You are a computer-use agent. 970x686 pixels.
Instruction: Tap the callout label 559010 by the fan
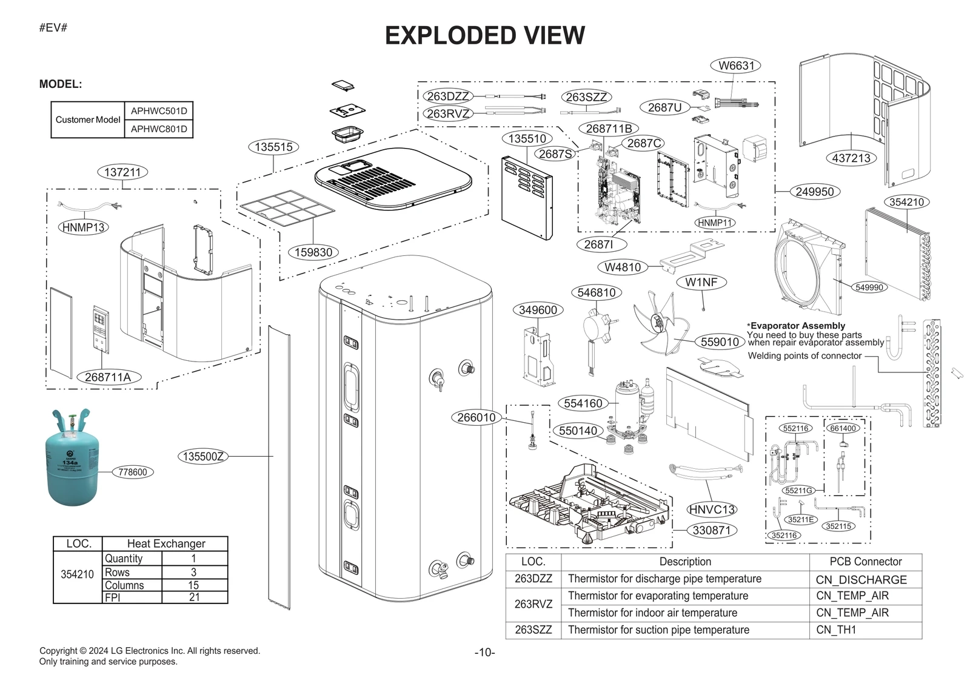click(719, 341)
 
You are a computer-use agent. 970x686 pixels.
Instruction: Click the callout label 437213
click(851, 158)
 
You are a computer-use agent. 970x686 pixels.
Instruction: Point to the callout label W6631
click(736, 66)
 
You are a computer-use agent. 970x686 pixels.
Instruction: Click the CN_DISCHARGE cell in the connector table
click(861, 580)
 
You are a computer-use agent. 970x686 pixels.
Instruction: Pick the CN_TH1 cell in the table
click(836, 630)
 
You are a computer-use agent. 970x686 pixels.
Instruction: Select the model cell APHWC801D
click(159, 129)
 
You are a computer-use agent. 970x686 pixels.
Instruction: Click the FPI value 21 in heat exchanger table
click(194, 597)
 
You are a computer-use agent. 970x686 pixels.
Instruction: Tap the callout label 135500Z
click(203, 456)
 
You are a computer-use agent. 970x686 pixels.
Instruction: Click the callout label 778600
click(133, 472)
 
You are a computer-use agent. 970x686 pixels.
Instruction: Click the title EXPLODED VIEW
click(484, 35)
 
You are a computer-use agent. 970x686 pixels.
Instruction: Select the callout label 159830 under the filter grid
click(313, 252)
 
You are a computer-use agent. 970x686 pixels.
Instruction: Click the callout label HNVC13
click(712, 509)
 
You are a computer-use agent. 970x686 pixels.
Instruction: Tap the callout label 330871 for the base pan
click(711, 530)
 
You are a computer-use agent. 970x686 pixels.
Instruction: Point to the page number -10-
click(484, 653)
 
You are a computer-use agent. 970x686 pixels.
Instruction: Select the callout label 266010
click(476, 417)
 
